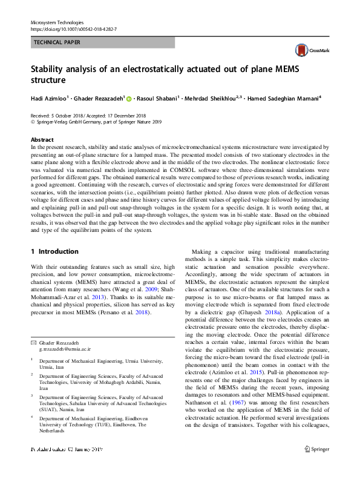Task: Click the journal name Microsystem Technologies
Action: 57,22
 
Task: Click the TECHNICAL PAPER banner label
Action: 57,42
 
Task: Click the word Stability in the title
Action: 50,69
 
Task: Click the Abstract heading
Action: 42,139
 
